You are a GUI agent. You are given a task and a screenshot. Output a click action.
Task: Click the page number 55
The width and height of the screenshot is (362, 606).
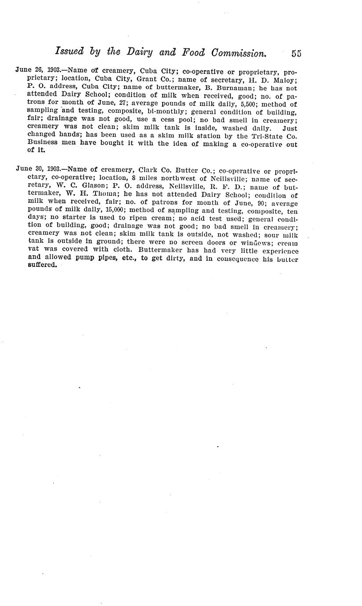coord(296,54)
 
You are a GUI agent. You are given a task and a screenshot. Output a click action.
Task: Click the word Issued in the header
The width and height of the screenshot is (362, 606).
coord(69,52)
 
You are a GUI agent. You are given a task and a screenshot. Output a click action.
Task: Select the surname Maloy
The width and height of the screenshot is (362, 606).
coord(286,79)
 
